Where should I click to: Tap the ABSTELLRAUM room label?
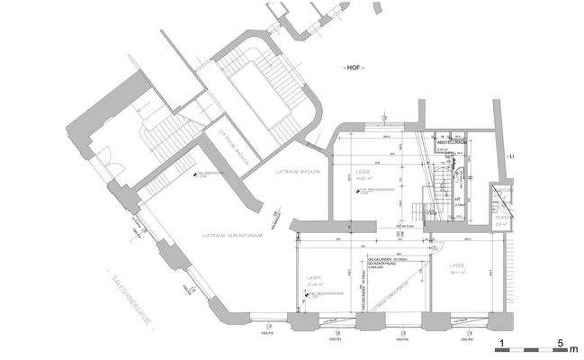pyautogui.click(x=450, y=142)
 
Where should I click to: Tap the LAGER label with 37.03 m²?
pyautogui.click(x=314, y=279)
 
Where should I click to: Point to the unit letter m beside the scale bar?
pyautogui.click(x=575, y=346)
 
